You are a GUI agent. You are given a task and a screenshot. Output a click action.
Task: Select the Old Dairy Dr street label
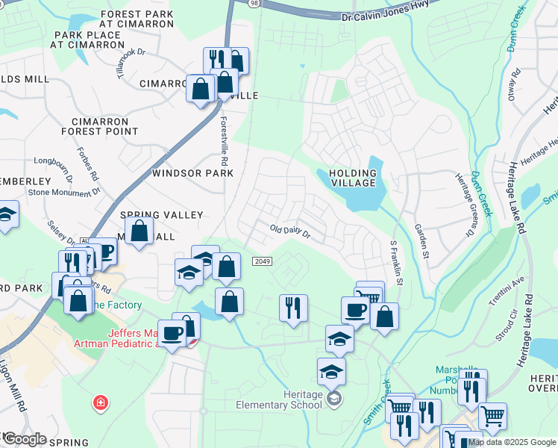coord(289,231)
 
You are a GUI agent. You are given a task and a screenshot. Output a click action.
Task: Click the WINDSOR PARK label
coord(192,173)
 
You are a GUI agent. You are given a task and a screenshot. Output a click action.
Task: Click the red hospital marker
coord(99,404)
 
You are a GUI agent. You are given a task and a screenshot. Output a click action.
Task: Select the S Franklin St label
coord(396,263)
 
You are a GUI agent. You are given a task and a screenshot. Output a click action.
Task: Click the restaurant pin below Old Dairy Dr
coord(293,307)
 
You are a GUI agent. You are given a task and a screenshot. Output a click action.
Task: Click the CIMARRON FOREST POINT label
coord(104,126)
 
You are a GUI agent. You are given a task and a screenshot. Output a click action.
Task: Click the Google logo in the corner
coord(24,439)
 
